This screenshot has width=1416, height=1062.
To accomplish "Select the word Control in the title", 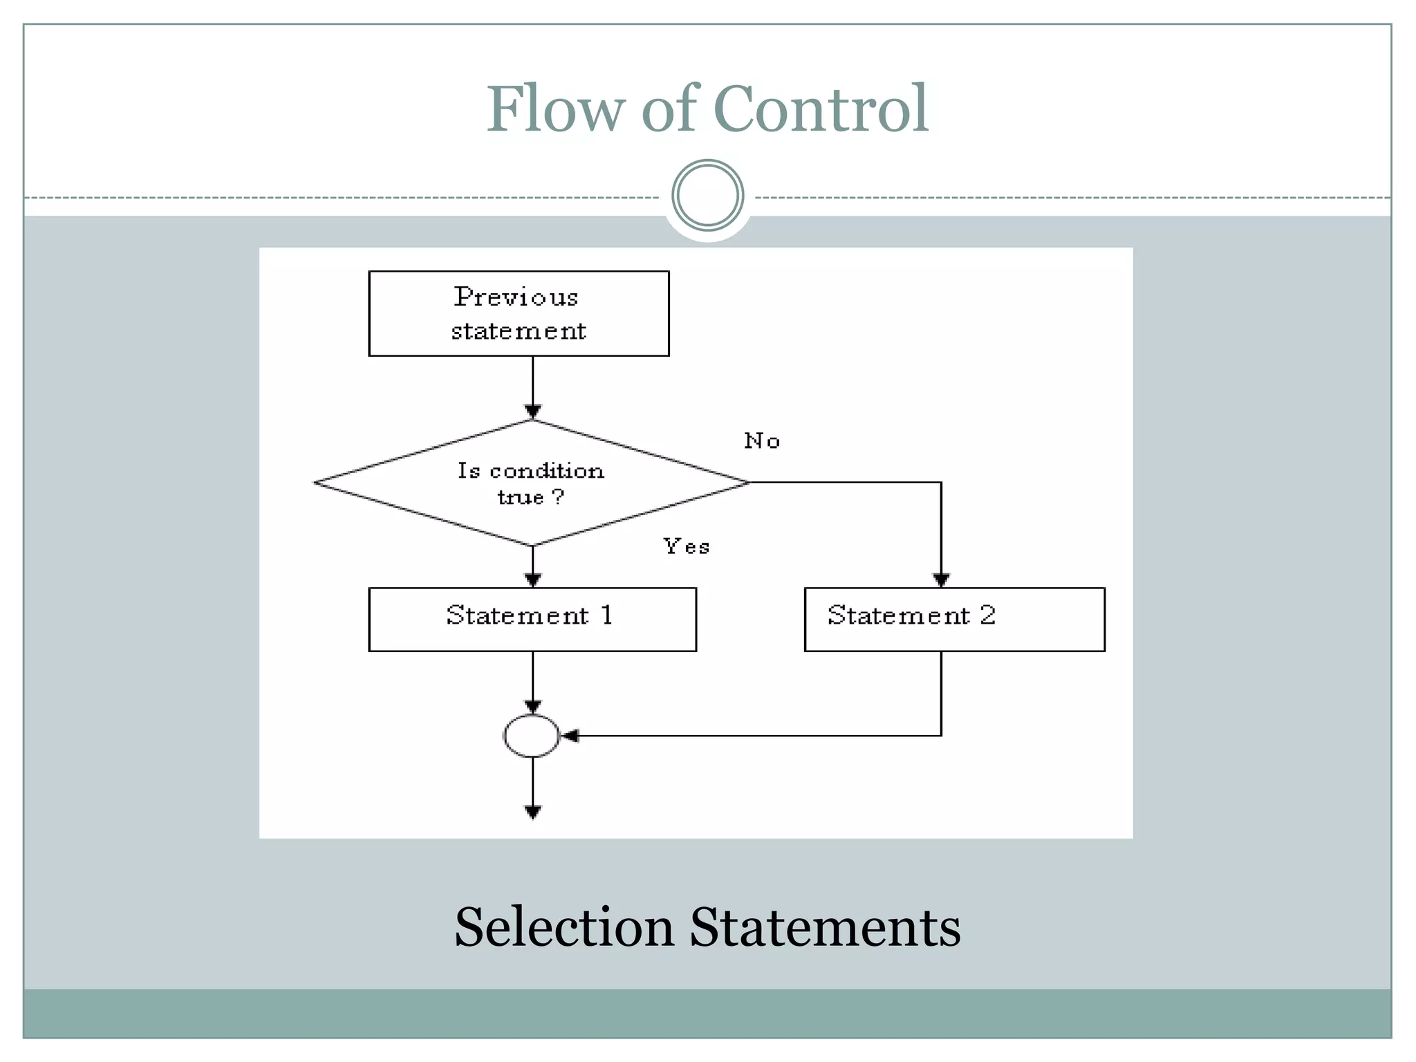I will tap(820, 109).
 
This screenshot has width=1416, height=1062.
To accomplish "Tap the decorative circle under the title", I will tap(707, 196).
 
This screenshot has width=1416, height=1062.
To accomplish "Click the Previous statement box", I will tap(519, 313).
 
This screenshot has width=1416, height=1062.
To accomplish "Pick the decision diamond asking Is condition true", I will tap(531, 483).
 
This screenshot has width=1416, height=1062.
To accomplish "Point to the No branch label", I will tap(762, 441).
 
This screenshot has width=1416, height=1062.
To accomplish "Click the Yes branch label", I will tap(686, 546).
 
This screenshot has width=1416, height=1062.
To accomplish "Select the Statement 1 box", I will tap(532, 619).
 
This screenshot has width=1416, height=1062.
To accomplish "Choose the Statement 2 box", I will tap(954, 619).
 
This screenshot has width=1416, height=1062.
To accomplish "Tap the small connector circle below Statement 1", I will tap(531, 736).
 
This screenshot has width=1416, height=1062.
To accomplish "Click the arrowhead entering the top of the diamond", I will tap(532, 412).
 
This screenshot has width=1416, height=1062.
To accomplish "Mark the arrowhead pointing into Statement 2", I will tap(941, 580).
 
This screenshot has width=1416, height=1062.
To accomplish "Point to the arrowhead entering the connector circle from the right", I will tap(570, 736).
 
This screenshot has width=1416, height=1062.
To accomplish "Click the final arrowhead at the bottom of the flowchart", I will tap(532, 812).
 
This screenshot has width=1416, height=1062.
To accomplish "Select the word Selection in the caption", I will tap(563, 927).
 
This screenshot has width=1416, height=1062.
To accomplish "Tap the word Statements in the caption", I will tap(825, 927).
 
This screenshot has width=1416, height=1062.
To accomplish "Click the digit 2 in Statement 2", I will tap(987, 615).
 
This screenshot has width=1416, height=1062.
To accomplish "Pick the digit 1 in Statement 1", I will tap(606, 615).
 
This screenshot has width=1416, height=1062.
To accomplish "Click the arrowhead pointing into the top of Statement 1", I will tap(532, 580).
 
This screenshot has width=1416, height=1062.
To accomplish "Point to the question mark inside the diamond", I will tap(558, 496).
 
